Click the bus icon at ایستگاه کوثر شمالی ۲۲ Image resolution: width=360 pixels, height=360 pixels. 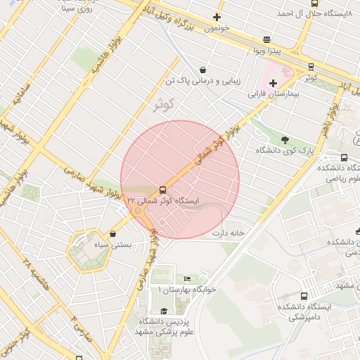[x=163, y=190]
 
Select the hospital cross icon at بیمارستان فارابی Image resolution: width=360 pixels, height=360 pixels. [x=273, y=83]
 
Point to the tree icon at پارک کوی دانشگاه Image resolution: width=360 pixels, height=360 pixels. [x=285, y=140]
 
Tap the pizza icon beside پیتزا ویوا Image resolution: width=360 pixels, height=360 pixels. [x=266, y=40]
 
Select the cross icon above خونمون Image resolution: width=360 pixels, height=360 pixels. [x=217, y=18]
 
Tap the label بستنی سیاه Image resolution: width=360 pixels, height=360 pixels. [x=113, y=245]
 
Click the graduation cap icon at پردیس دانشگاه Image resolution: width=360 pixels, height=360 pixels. [x=165, y=311]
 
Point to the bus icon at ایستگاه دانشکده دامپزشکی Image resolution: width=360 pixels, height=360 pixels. [x=304, y=296]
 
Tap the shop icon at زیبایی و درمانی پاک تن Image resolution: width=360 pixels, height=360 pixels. [x=203, y=70]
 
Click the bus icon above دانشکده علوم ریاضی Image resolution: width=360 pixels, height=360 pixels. [x=344, y=158]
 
